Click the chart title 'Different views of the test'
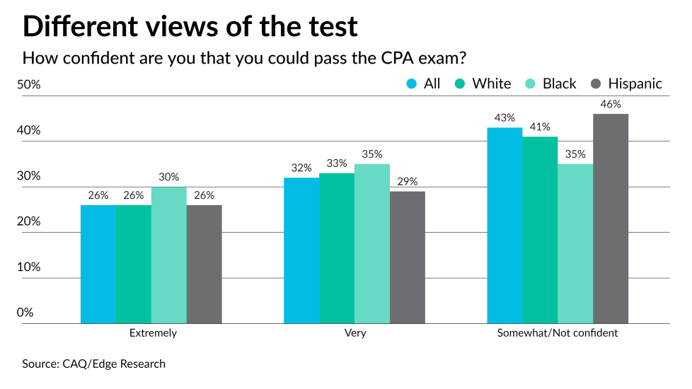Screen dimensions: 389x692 click(x=190, y=26)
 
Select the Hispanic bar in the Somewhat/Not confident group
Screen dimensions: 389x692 click(x=611, y=219)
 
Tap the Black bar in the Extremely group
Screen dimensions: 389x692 click(x=168, y=255)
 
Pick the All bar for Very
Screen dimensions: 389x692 click(x=301, y=250)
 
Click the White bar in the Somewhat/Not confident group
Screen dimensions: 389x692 click(x=541, y=230)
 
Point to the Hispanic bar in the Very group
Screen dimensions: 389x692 click(x=408, y=257)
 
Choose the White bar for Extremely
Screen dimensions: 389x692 click(x=133, y=265)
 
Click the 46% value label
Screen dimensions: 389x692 click(x=611, y=104)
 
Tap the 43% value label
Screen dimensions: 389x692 click(x=505, y=117)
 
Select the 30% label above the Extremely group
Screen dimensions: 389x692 click(x=168, y=177)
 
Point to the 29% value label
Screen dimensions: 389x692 click(x=408, y=181)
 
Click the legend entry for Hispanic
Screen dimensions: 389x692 click(x=626, y=83)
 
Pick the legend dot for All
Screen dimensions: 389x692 click(x=412, y=83)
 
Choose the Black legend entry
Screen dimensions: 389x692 click(x=551, y=83)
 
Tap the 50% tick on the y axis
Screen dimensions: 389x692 click(x=29, y=85)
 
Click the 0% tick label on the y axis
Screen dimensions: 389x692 click(x=25, y=313)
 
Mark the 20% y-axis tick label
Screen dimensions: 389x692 click(x=29, y=221)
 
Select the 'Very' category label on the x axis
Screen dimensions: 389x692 click(x=354, y=333)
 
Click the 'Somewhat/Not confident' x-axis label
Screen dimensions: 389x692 click(x=558, y=333)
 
